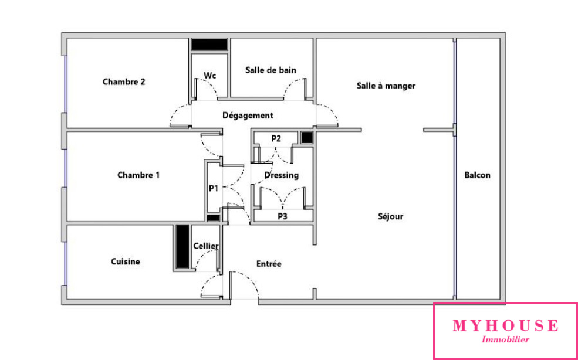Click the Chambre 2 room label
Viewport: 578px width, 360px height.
click(124, 82)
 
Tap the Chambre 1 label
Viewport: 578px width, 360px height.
click(138, 175)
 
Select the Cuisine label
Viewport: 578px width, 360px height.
click(126, 261)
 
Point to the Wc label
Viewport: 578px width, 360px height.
click(209, 75)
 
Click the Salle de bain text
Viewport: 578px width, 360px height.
click(271, 70)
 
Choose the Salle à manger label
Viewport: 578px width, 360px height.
click(386, 86)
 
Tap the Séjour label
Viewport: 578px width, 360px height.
click(391, 216)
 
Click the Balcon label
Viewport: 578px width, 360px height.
click(478, 175)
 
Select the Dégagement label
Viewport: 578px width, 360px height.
click(248, 116)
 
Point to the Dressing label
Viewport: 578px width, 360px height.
click(282, 175)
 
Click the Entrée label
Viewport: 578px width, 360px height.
click(269, 264)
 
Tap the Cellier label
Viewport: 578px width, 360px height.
click(206, 246)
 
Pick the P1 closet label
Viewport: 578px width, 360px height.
click(214, 188)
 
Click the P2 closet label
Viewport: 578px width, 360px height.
click(276, 138)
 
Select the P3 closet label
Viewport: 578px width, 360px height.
click(282, 216)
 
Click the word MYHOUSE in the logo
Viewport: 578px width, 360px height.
click(505, 326)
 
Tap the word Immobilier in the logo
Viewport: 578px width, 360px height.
click(505, 339)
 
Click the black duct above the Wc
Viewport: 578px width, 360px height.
click(209, 45)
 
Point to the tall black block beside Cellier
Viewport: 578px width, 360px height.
click(182, 246)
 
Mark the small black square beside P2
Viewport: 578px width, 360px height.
click(307, 137)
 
